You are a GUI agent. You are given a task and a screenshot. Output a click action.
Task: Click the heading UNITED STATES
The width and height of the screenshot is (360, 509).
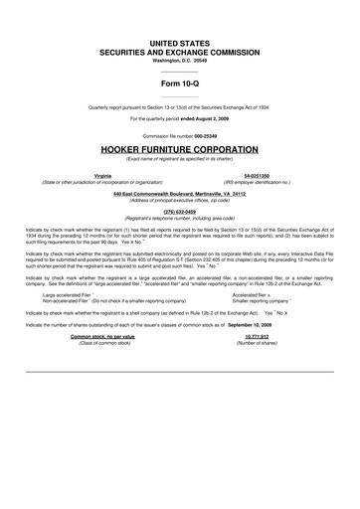(180, 46)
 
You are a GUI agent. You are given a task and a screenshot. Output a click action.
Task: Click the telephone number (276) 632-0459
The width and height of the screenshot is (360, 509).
(180, 211)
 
